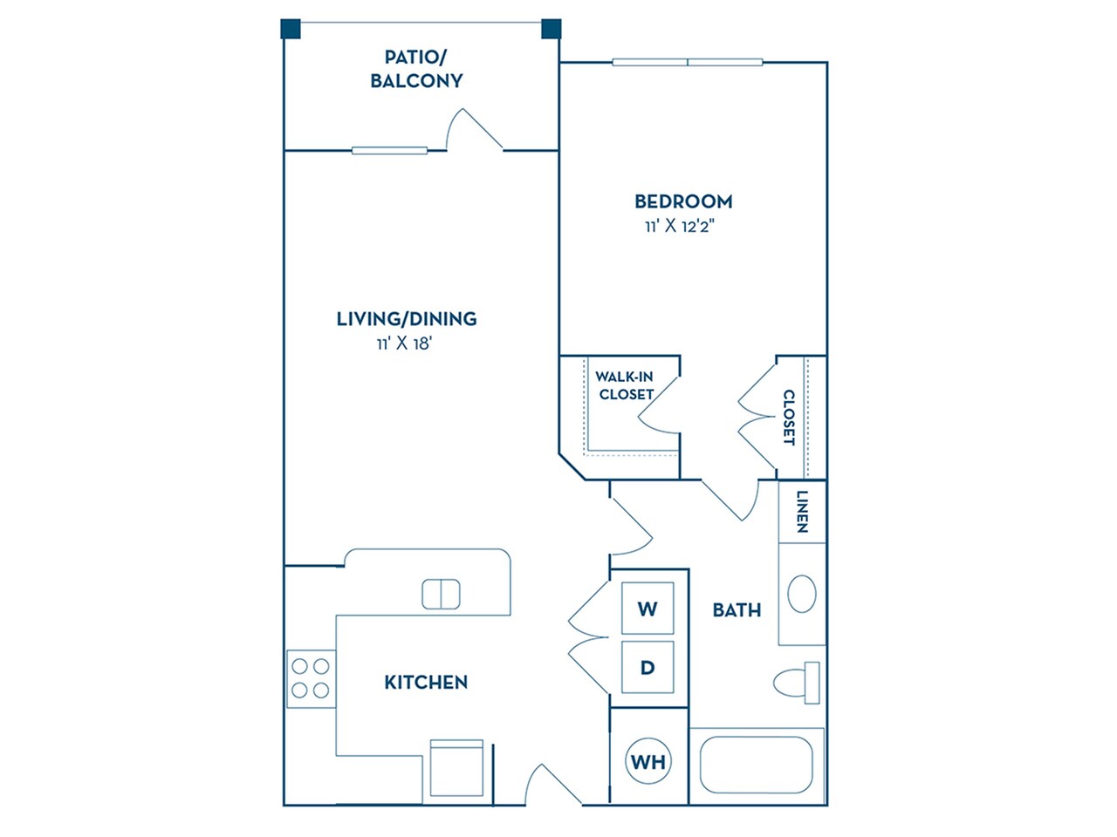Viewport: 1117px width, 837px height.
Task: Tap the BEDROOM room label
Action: click(683, 201)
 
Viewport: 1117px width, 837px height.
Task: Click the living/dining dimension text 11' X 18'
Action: click(406, 344)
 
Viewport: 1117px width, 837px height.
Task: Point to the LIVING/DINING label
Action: click(407, 318)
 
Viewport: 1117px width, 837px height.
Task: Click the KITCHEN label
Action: click(426, 682)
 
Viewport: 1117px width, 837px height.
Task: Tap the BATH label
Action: click(737, 609)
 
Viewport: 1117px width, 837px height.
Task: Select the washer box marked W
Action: click(648, 609)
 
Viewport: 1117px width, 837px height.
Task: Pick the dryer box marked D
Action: click(648, 668)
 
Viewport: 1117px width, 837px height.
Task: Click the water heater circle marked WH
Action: click(648, 762)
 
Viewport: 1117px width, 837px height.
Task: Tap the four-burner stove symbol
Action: click(311, 678)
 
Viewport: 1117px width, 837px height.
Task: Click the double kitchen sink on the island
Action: click(441, 594)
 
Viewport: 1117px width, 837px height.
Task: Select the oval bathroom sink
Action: click(802, 594)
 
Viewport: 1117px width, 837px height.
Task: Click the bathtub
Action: click(757, 766)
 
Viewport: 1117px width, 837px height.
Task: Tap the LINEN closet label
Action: click(802, 512)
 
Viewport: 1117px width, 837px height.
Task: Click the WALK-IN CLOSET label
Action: click(625, 385)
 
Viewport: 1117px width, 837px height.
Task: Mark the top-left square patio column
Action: click(291, 30)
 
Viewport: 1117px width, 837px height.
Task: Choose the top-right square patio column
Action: click(551, 30)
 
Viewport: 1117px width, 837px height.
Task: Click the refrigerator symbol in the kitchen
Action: click(456, 767)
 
